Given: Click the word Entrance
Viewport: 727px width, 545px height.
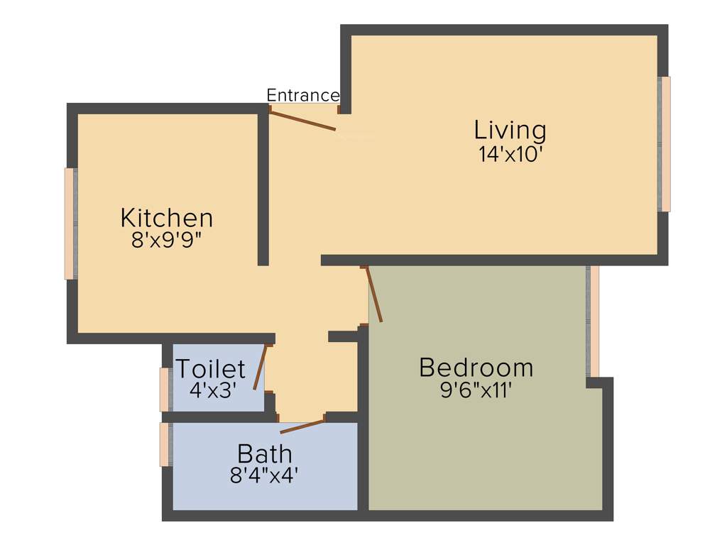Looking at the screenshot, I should [302, 95].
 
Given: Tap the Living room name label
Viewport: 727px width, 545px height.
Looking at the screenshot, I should [510, 131].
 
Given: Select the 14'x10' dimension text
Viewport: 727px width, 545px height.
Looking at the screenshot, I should [510, 155].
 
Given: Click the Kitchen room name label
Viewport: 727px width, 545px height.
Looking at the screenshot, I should [167, 217].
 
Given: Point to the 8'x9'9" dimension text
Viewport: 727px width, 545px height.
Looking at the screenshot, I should [167, 241].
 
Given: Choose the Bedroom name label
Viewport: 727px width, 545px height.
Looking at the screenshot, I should [476, 368].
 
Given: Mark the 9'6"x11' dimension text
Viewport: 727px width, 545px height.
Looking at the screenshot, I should [476, 391].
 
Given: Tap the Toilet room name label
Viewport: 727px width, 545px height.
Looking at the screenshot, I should [210, 369].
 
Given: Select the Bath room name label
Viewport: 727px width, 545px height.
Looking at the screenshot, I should [264, 453].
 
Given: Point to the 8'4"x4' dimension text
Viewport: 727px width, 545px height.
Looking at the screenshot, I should [263, 475].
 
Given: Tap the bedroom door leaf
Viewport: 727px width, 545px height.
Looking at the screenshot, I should [373, 294].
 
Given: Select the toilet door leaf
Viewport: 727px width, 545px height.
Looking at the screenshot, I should [260, 368].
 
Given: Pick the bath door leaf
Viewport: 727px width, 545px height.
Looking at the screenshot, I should [302, 426].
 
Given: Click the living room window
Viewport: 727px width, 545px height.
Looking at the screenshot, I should [665, 144].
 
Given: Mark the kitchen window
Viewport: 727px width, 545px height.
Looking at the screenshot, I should [70, 224].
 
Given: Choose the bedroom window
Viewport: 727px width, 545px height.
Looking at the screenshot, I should [593, 321].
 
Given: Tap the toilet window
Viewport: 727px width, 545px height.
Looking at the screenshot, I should [164, 390].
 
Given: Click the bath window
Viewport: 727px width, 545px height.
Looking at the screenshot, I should [164, 444].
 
